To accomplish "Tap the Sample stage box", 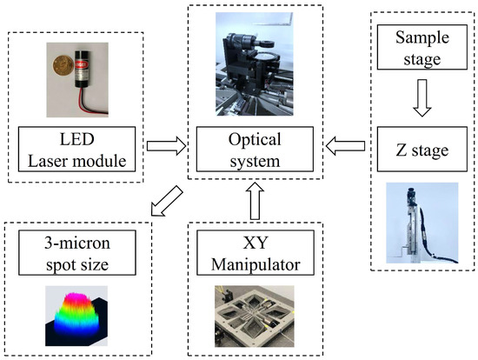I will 415,49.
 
